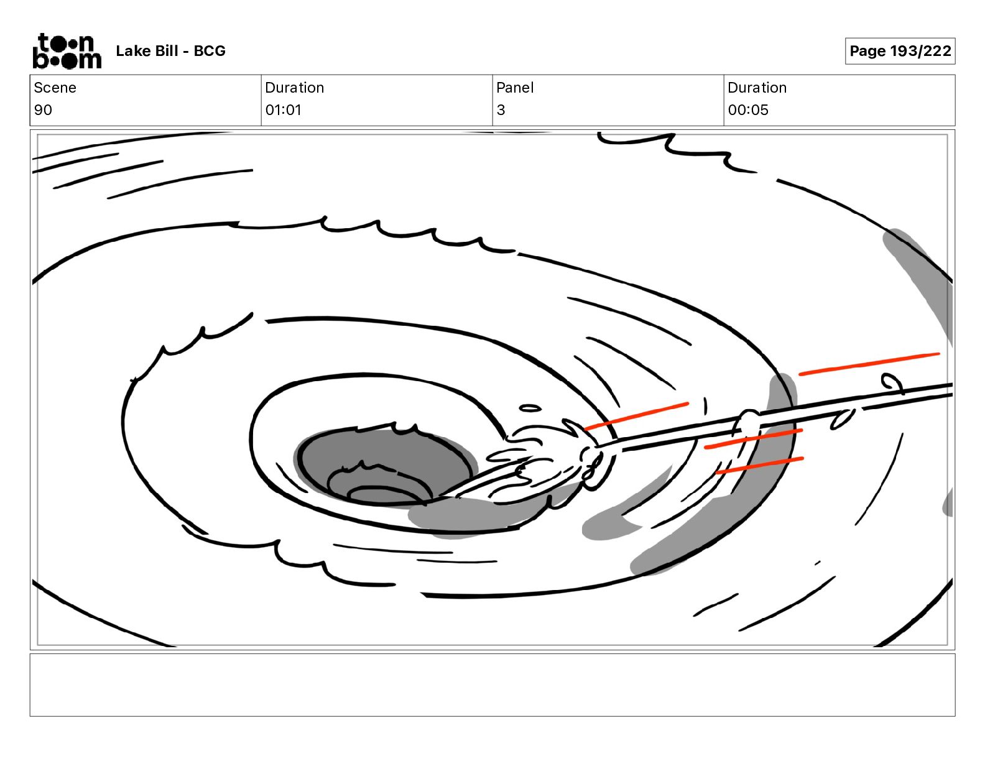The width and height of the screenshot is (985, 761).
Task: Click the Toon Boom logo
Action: [67, 51]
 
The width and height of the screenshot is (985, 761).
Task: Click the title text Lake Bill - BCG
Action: [170, 51]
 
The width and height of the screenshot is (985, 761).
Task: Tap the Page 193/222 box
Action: [900, 51]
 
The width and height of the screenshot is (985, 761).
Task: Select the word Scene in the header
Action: [55, 88]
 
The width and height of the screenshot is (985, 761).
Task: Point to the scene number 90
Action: [43, 109]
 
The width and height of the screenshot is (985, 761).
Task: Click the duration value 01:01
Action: [284, 109]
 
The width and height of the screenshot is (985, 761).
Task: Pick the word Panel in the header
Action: [515, 88]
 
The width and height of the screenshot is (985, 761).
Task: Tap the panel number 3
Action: [501, 109]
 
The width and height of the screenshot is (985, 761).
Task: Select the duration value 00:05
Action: [748, 109]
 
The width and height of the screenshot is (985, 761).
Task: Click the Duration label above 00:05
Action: [757, 88]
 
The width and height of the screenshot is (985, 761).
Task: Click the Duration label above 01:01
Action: [295, 88]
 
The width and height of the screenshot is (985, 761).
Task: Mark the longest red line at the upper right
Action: [869, 364]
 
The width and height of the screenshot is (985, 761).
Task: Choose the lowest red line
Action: [760, 466]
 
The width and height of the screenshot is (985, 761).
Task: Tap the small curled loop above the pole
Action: [892, 383]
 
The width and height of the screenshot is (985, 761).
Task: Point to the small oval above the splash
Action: [530, 408]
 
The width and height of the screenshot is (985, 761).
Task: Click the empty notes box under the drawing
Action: [492, 685]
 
